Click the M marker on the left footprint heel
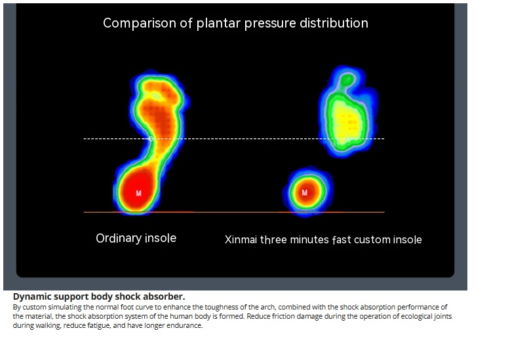click(x=138, y=193)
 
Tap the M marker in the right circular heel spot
click(x=304, y=192)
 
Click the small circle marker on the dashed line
click(x=151, y=138)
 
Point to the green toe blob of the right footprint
click(x=347, y=79)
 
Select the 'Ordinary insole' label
click(x=136, y=238)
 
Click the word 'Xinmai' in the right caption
click(x=241, y=239)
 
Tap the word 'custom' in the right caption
click(x=372, y=239)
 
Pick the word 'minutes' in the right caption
click(x=309, y=239)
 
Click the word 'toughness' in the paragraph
click(x=224, y=307)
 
